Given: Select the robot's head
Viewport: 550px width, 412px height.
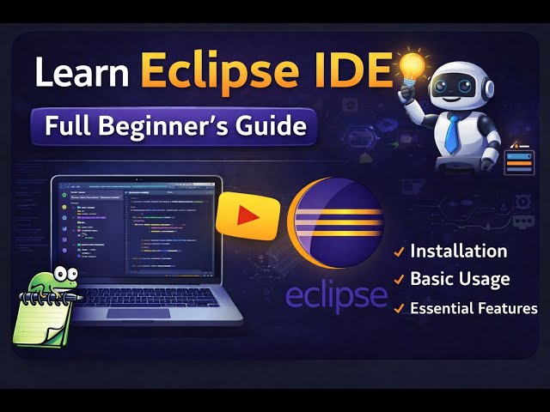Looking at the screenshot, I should [x=454, y=85].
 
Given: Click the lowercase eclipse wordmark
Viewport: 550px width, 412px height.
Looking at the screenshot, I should [x=336, y=294].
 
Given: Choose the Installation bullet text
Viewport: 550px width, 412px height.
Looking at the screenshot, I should [x=458, y=251].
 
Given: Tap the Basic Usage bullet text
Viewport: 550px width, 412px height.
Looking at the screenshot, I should [x=460, y=279].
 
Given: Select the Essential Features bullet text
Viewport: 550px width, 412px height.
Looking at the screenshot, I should [x=474, y=308].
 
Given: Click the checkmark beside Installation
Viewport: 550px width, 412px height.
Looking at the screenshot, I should [x=399, y=252].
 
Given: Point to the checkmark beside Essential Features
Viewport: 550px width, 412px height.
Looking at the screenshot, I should [x=399, y=308].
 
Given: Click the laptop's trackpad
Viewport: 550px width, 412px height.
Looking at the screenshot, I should [x=137, y=312].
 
